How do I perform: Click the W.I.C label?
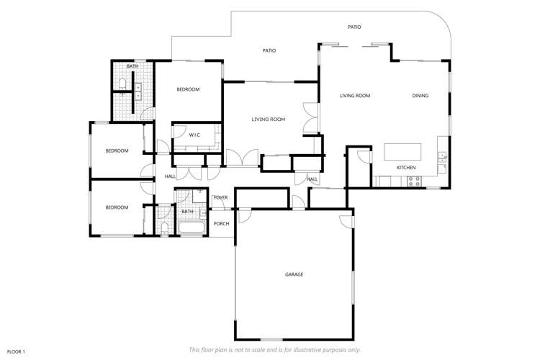[x=194, y=135]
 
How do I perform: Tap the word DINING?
[x=420, y=95]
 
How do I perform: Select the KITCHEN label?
[x=406, y=168]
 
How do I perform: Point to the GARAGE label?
[x=294, y=274]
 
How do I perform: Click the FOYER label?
[x=220, y=197]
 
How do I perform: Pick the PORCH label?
[x=221, y=223]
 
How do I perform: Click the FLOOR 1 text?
[x=16, y=351]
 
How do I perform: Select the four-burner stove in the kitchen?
[x=414, y=182]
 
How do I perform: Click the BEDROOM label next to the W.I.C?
[x=188, y=89]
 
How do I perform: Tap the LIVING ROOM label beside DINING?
[x=355, y=95]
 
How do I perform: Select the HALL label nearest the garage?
[x=312, y=179]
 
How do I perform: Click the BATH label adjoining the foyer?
[x=187, y=212]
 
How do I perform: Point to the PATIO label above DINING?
[x=354, y=27]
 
